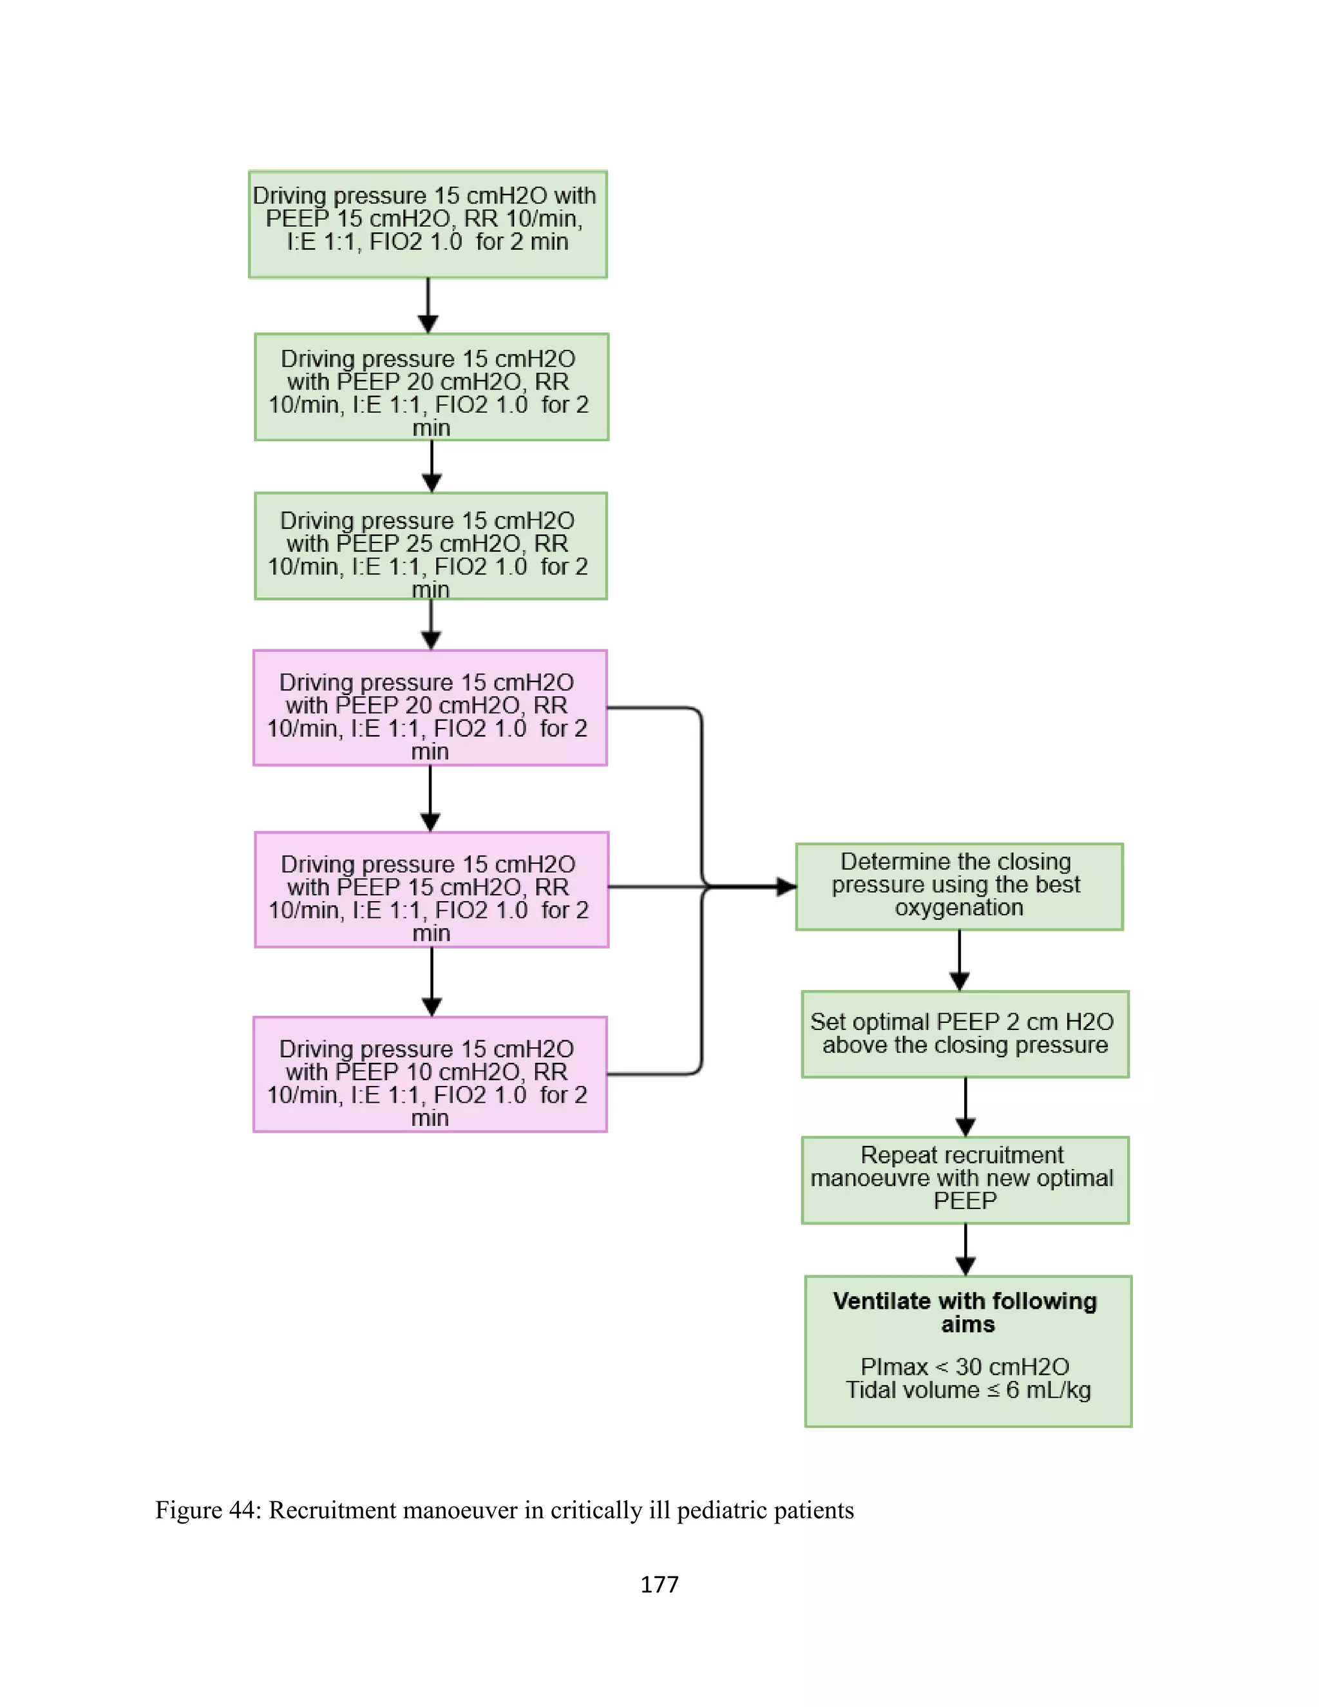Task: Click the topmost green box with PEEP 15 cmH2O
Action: pos(428,224)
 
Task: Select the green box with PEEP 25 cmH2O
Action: pos(431,546)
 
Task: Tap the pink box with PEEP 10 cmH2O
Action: pos(430,1074)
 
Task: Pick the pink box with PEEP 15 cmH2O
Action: pos(432,890)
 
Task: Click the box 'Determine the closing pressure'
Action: pos(959,886)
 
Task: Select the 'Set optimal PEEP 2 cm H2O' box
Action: pos(965,1034)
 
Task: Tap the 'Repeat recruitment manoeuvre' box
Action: pos(965,1180)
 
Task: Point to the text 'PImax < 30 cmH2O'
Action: pos(965,1367)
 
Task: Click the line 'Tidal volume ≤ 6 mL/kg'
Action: pos(968,1391)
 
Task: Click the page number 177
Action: pos(659,1585)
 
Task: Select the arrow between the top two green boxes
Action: pos(428,307)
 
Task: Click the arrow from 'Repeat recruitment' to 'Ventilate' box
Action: pos(966,1250)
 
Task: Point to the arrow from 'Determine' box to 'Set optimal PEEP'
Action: pos(960,960)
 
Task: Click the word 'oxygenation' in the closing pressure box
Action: pos(959,908)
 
